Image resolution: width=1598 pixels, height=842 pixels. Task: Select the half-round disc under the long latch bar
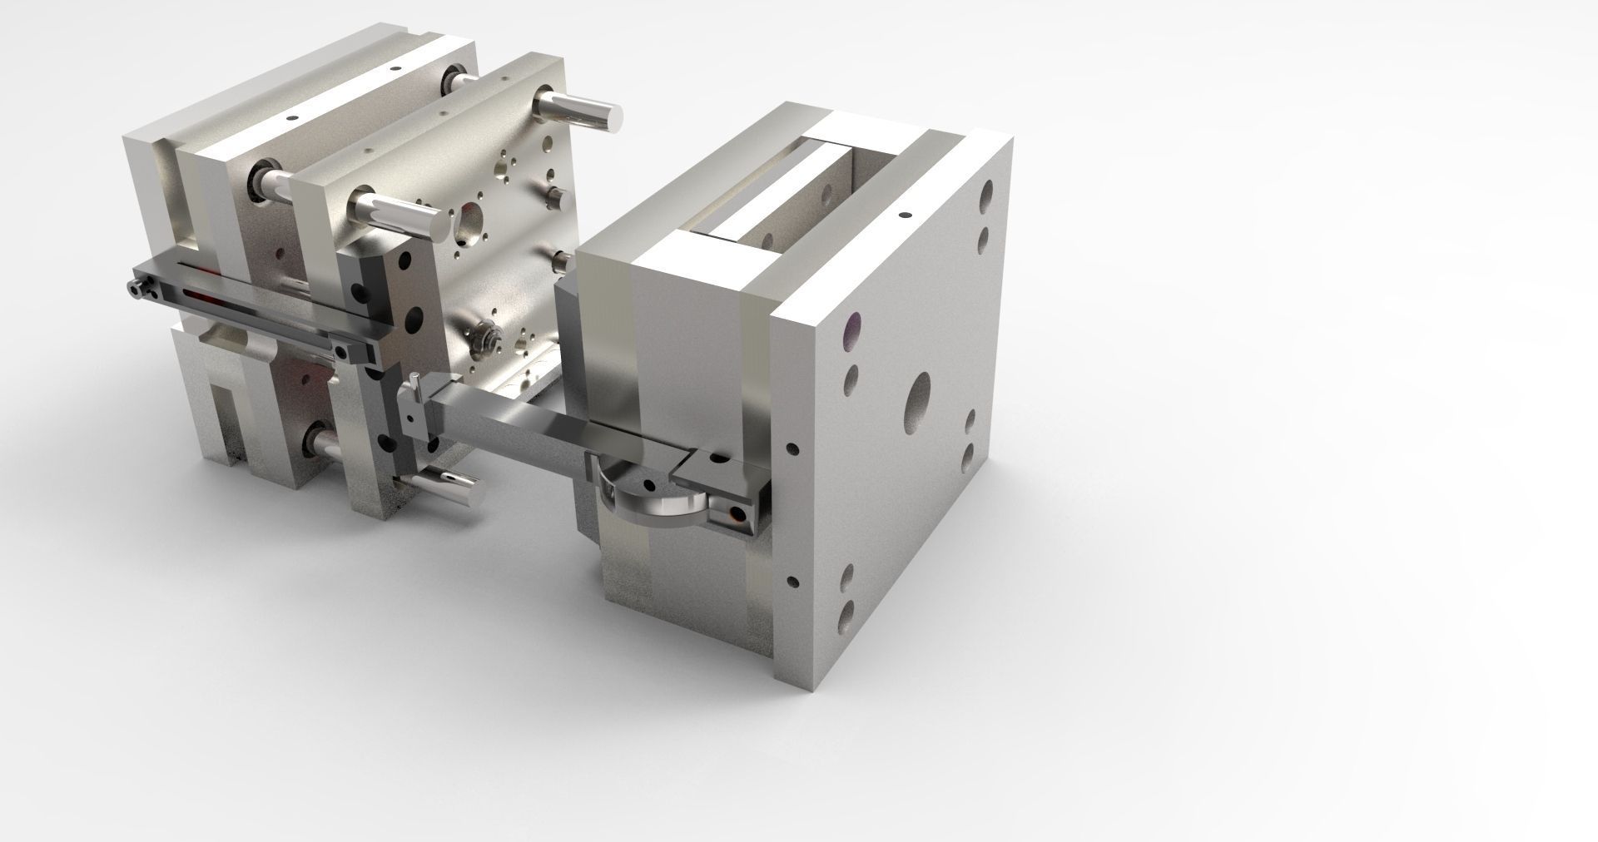coord(658,499)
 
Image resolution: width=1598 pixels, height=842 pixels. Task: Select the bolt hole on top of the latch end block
coord(717,456)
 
